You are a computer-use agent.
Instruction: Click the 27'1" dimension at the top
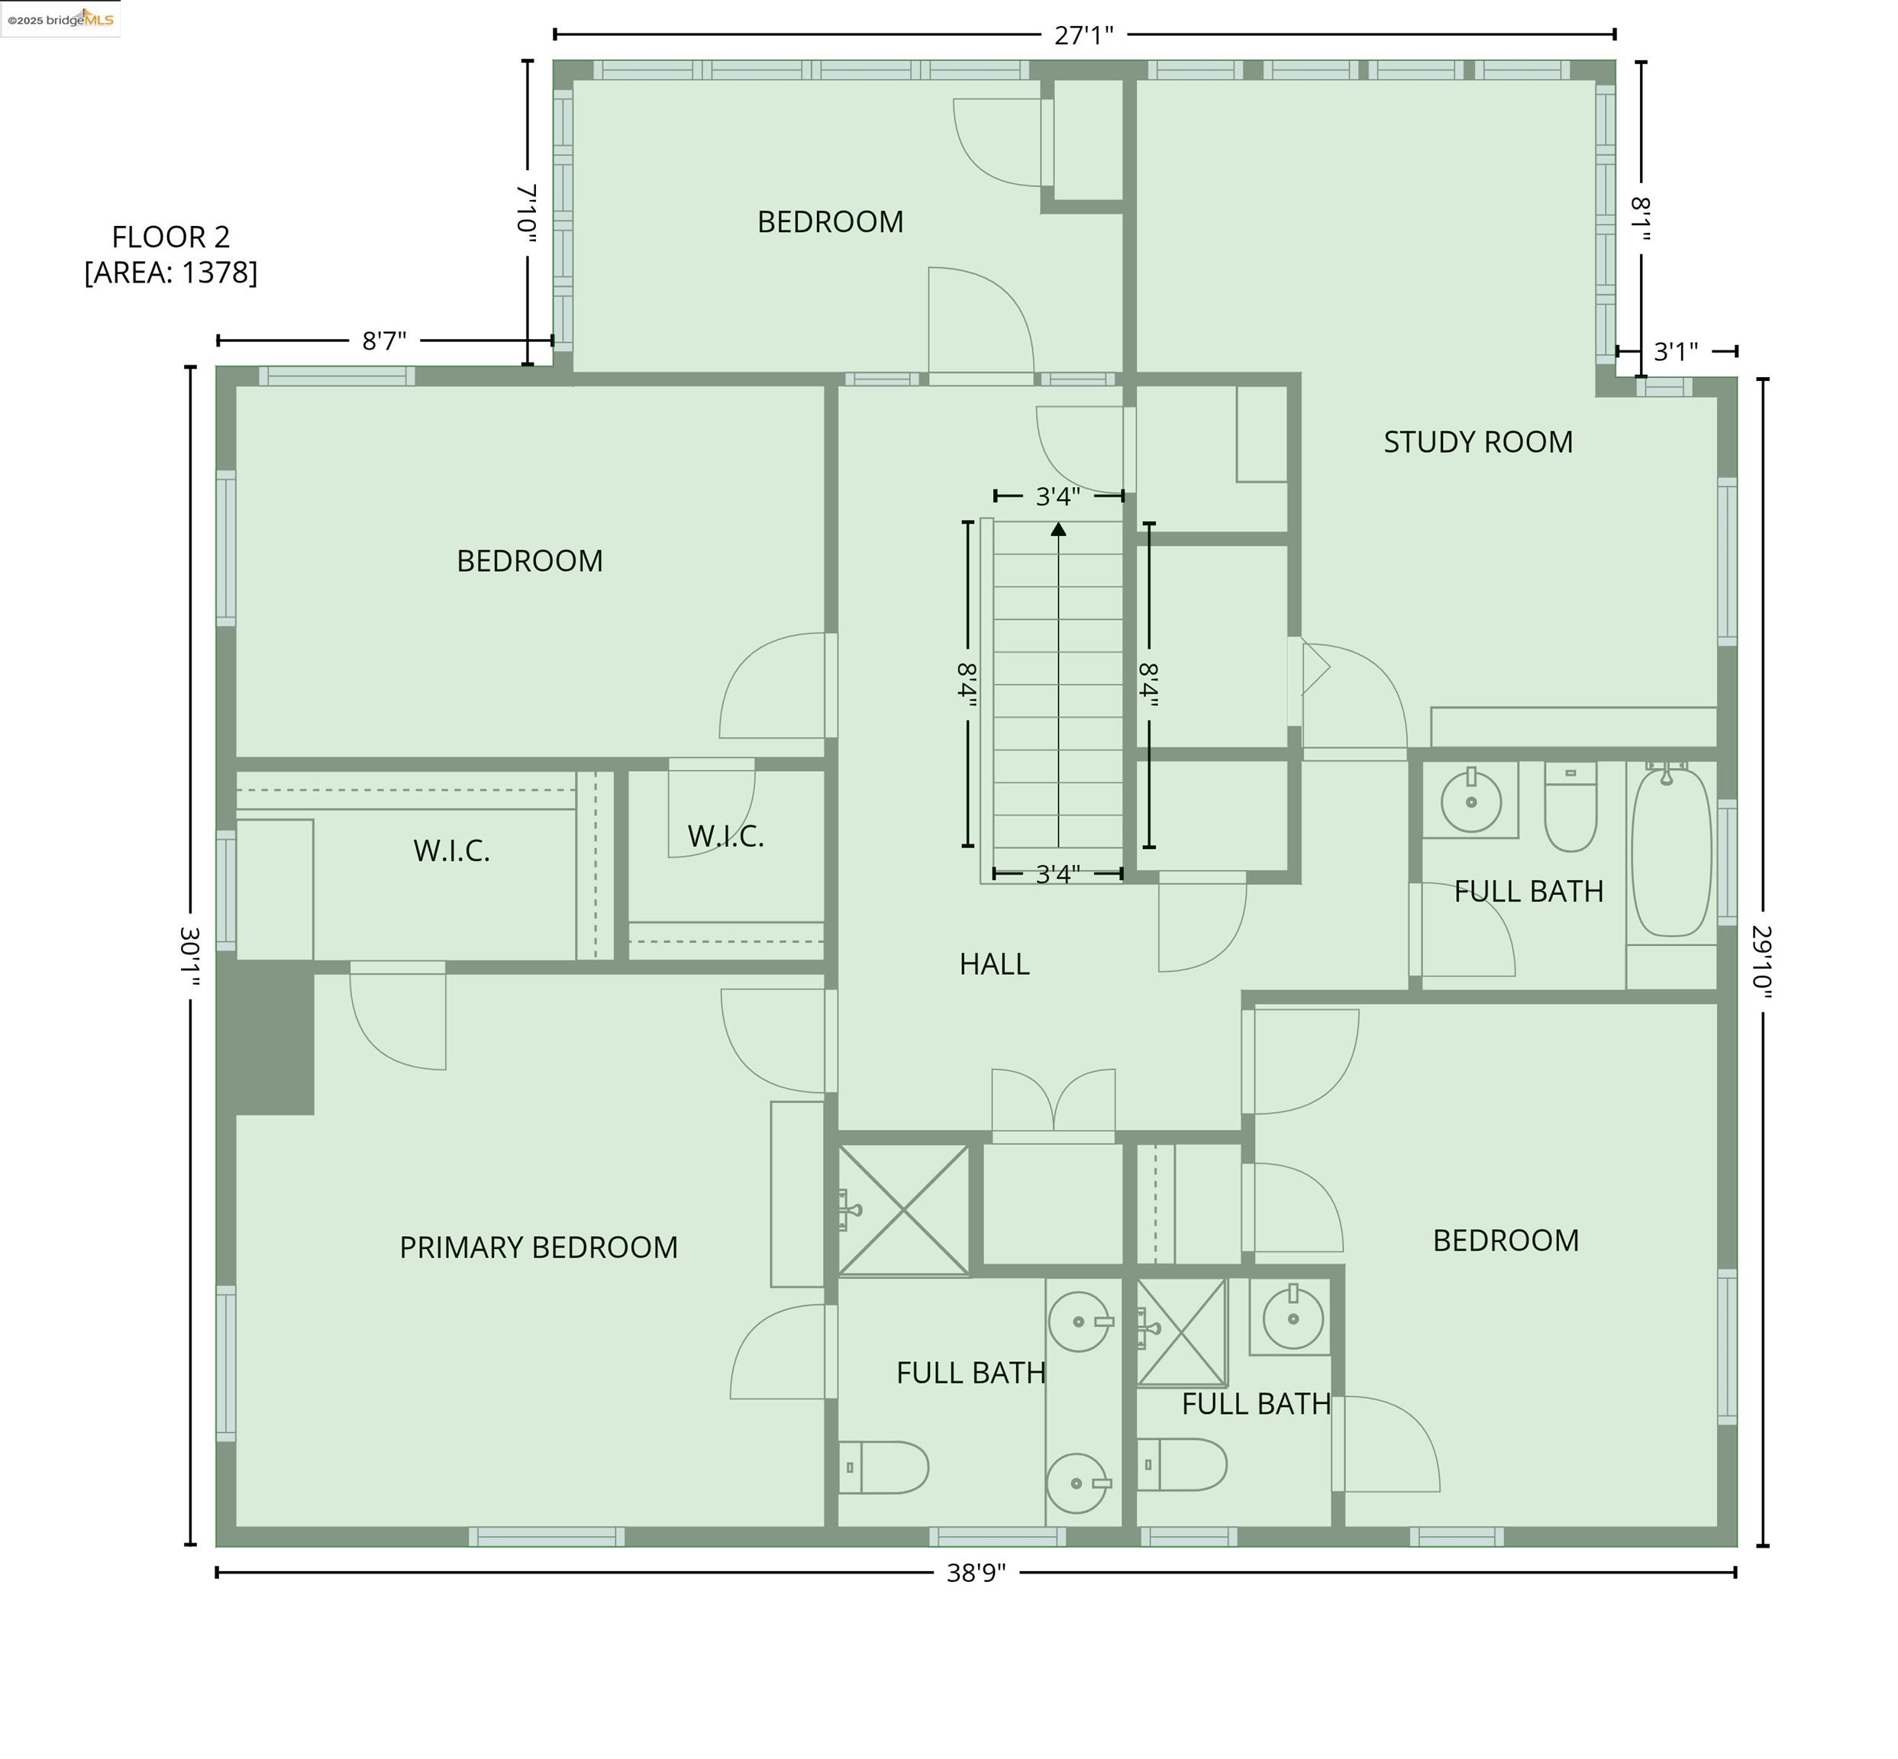click(1083, 35)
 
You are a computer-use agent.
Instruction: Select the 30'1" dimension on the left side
click(190, 956)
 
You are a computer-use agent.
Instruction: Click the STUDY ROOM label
click(1477, 441)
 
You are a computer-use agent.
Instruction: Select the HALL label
click(994, 964)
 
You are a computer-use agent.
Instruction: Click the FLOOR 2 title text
click(170, 236)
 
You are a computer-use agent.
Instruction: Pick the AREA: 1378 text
click(170, 273)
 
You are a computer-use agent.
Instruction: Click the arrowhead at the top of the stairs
click(1058, 528)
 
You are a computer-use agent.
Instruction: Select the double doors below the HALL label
click(1053, 1104)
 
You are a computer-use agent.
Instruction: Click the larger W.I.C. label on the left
click(451, 850)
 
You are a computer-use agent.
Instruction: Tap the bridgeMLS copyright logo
click(60, 19)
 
